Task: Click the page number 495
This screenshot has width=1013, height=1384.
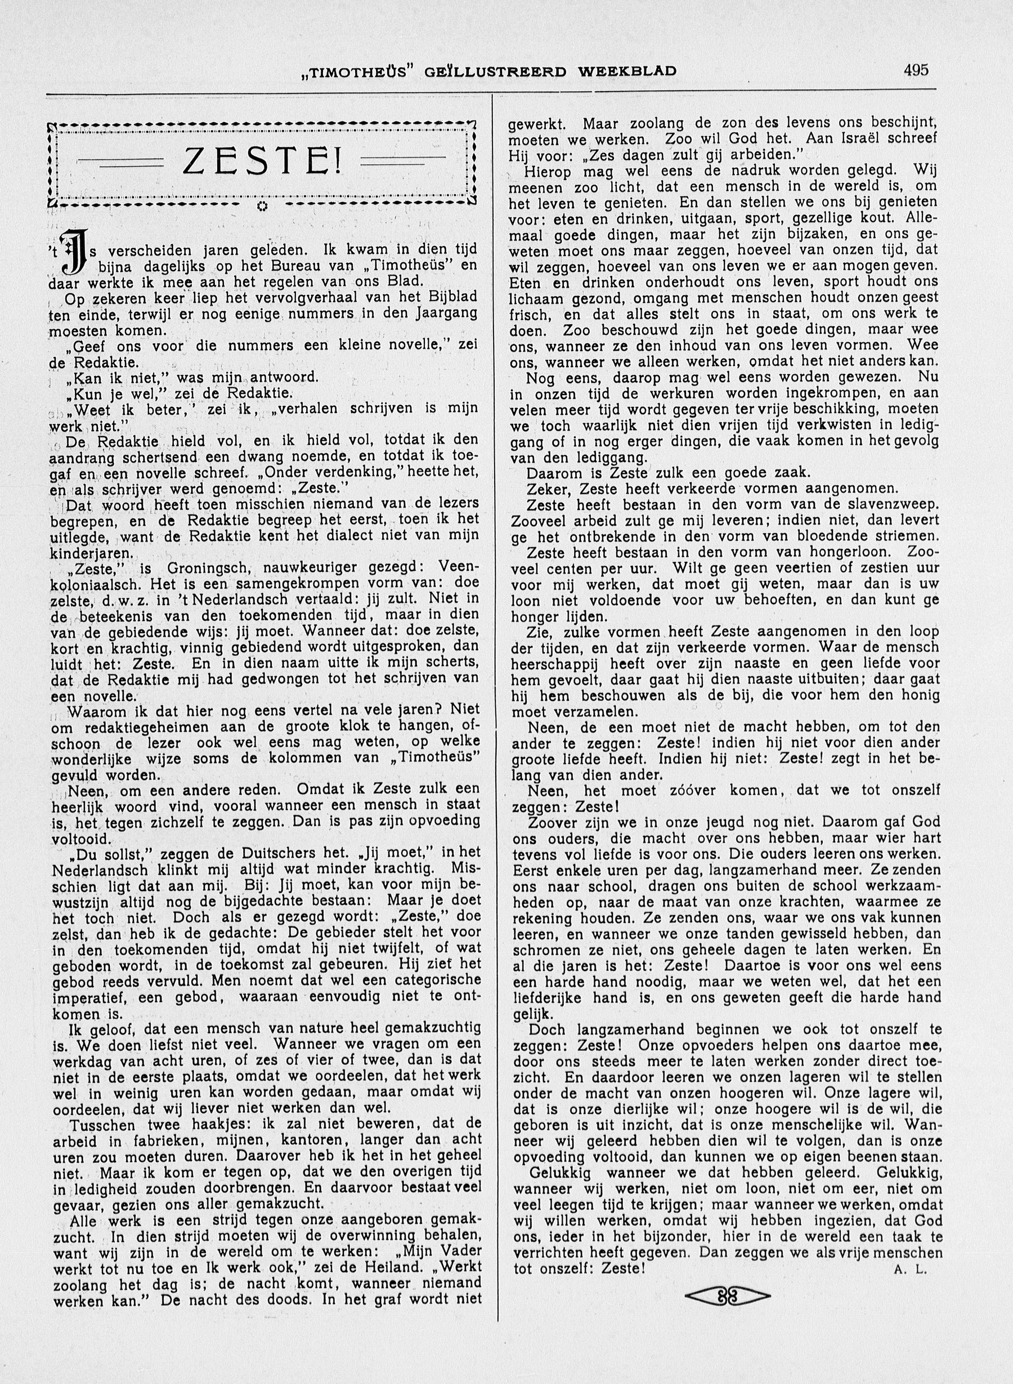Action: click(x=916, y=70)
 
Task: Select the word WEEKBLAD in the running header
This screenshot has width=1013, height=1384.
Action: click(x=627, y=71)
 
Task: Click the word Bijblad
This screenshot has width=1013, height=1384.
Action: click(x=449, y=298)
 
